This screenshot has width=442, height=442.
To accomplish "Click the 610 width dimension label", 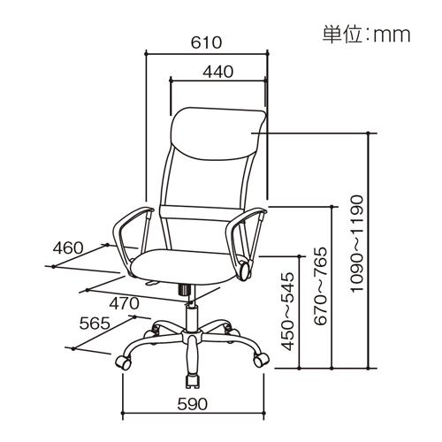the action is [x=206, y=42].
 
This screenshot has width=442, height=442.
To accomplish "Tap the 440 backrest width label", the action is [x=218, y=72].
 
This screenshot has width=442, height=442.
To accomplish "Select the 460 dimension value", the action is [x=68, y=248].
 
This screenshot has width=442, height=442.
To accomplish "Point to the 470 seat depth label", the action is [x=124, y=303].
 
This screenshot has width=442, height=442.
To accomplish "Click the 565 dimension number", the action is [x=95, y=324].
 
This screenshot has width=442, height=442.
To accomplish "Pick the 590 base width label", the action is [x=193, y=404].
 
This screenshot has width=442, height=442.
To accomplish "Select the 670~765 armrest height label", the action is [x=320, y=286].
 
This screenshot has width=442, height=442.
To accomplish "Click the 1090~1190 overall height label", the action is [x=357, y=243].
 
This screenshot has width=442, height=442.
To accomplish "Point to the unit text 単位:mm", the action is [x=366, y=35].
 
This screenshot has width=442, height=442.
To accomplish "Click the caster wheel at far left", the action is [x=124, y=362].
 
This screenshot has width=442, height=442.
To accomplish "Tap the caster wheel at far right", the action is [x=261, y=360].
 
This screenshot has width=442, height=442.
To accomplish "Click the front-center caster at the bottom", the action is [x=193, y=380].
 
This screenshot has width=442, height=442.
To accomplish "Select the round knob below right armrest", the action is [x=246, y=271].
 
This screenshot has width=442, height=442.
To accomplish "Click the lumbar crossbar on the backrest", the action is [x=203, y=213].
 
